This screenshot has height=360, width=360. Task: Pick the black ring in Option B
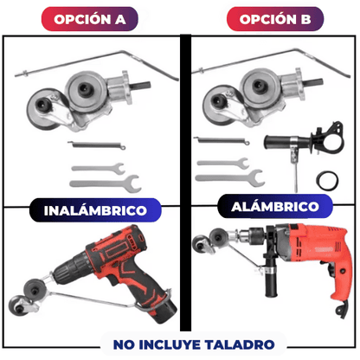[328, 180]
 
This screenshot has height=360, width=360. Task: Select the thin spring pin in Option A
[95, 146]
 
